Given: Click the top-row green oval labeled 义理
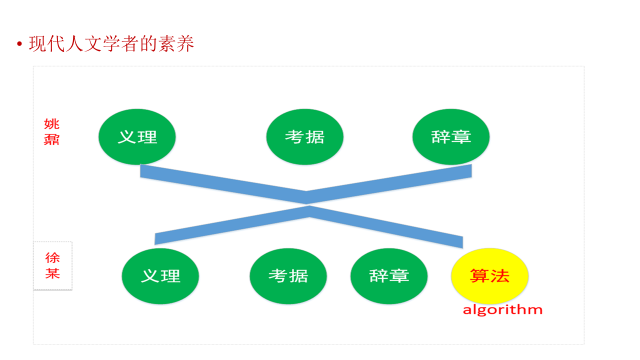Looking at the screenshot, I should (137, 137).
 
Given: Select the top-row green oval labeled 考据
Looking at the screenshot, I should (304, 137).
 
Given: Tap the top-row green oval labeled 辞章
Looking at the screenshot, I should (450, 137).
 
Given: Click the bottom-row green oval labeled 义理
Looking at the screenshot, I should (160, 276).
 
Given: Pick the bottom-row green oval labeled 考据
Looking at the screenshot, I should (288, 276).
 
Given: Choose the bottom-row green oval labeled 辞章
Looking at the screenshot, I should (389, 276).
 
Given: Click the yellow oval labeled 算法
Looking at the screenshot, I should (490, 276).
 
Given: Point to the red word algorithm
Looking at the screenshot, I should (502, 309).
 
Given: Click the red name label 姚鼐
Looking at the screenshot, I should (52, 132).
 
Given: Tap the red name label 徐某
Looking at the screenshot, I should (53, 265).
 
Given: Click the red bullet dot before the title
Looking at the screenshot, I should (19, 45).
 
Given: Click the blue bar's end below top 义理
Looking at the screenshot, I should (145, 172).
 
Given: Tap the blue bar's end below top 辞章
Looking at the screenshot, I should (467, 172).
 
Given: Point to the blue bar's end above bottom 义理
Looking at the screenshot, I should (159, 238).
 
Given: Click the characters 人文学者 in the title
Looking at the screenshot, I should (101, 44).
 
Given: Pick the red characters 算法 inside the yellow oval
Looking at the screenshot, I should (490, 276).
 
